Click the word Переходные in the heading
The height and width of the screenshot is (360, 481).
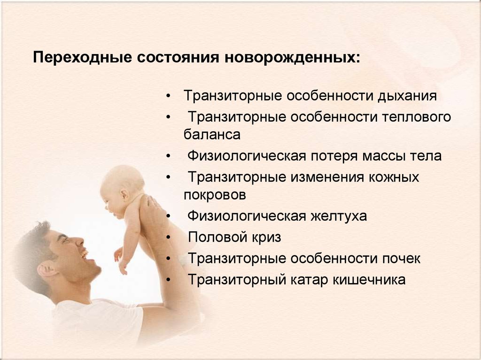(x=83, y=58)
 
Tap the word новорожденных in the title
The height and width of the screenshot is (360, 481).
(x=292, y=58)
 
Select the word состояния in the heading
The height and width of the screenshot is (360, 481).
(x=178, y=58)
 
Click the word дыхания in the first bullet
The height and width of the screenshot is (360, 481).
(x=407, y=96)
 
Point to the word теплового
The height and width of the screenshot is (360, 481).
(x=417, y=117)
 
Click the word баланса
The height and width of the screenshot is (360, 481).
(x=212, y=134)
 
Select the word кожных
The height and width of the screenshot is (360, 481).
(x=394, y=177)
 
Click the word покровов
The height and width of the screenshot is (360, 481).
(x=215, y=195)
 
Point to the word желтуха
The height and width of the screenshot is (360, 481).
(x=339, y=216)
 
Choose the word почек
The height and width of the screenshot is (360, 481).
(x=401, y=259)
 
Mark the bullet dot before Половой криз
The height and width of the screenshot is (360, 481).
(x=168, y=237)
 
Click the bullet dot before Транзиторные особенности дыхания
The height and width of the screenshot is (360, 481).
(x=168, y=96)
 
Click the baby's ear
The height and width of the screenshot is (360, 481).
(x=124, y=195)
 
